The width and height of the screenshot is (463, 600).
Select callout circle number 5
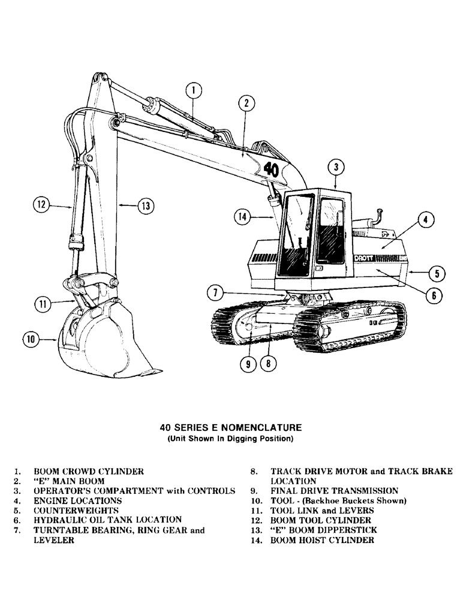pos(437,273)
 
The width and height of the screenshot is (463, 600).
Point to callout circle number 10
pos(31,340)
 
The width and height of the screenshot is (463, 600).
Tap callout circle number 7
pos(215,293)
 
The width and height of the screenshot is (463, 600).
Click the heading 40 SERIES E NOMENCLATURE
pos(230,428)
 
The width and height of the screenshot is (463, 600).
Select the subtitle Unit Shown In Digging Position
pos(230,439)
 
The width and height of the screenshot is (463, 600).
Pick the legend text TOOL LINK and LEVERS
pos(322,511)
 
